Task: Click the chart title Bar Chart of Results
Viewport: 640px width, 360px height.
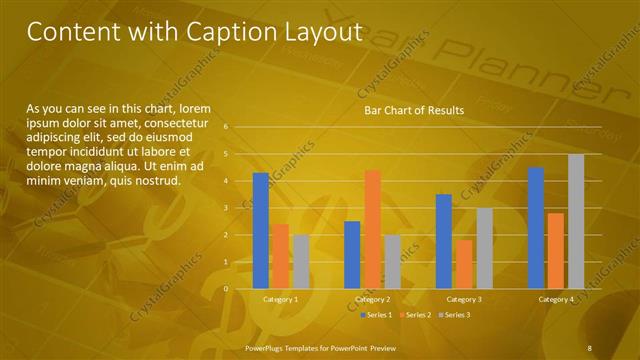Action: click(413, 110)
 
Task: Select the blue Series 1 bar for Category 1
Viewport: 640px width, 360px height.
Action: click(261, 231)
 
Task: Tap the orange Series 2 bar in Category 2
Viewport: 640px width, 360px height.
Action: click(372, 229)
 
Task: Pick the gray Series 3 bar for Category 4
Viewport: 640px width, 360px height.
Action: click(576, 221)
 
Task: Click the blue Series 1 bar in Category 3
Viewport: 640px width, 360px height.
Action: click(444, 241)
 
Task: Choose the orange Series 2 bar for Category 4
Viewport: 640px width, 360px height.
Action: click(556, 251)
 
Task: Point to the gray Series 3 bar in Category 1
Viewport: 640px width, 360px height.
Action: click(301, 262)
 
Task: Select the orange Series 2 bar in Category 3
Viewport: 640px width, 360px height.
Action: click(464, 264)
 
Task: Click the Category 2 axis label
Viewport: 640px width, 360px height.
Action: click(372, 299)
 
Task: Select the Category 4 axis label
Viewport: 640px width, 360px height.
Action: click(556, 299)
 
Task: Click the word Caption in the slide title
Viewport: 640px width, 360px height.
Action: click(232, 32)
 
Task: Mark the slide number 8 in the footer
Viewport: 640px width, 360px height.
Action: click(590, 347)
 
